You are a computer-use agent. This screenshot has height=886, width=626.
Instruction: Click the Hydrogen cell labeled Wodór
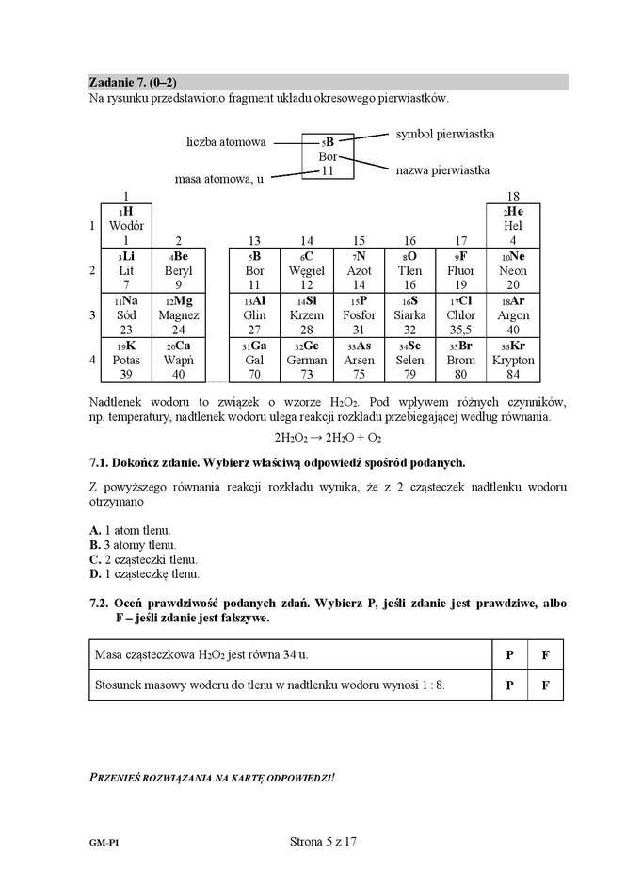[x=125, y=226]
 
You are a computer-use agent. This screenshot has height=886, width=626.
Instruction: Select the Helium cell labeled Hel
[x=512, y=226]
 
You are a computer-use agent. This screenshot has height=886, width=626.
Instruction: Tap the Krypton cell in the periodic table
[x=512, y=360]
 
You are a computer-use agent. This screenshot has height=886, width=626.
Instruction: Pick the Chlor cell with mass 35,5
[x=460, y=315]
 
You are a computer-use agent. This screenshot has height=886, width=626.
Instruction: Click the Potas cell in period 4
[x=125, y=360]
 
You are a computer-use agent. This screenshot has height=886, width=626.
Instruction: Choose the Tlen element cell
[x=409, y=270]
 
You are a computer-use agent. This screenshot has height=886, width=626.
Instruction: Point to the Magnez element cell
[x=179, y=315]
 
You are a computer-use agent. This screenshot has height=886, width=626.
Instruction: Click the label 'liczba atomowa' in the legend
[x=226, y=143]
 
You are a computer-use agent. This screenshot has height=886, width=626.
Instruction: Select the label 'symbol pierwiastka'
[x=444, y=135]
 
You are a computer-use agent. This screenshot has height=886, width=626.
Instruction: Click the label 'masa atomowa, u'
[x=219, y=178]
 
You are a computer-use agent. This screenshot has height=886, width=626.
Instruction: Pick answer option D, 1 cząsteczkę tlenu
[x=144, y=572]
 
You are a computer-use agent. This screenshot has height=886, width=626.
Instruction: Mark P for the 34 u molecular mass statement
[x=509, y=653]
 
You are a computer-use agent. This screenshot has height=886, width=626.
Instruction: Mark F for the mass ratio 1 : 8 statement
[x=545, y=685]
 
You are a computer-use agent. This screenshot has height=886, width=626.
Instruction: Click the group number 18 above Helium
[x=512, y=196]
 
